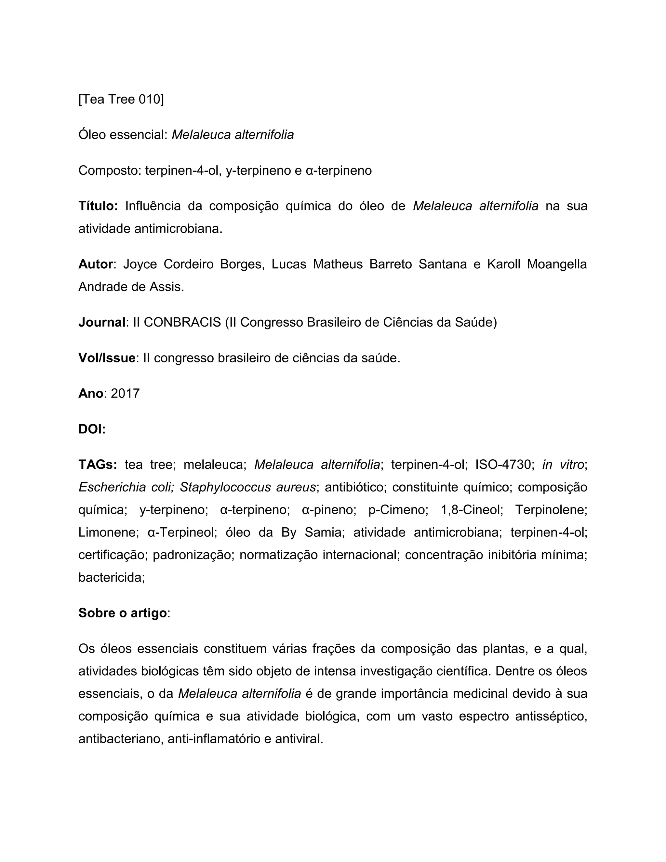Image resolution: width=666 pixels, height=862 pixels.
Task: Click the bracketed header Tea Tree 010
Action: [121, 100]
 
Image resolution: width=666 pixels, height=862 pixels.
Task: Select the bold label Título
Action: [98, 206]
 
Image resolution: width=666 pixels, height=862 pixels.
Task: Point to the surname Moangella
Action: [557, 264]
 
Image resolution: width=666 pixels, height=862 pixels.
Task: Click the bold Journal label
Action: [102, 322]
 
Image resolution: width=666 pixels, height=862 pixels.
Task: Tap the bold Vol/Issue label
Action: [107, 358]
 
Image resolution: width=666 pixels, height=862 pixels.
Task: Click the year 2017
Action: [125, 394]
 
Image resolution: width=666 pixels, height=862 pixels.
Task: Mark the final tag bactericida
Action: [111, 577]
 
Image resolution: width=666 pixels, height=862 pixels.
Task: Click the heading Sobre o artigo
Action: [122, 613]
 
